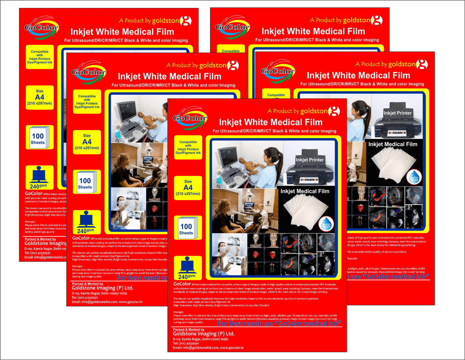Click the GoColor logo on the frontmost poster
click(x=190, y=118)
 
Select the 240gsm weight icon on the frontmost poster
click(x=188, y=268)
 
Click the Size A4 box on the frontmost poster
click(x=188, y=188)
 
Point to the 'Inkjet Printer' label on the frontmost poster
click(x=310, y=160)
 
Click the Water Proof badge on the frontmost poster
click(x=326, y=224)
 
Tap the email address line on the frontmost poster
click(x=208, y=348)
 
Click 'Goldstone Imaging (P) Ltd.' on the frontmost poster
click(x=204, y=334)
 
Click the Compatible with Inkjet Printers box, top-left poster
click(x=40, y=57)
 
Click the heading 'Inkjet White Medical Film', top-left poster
click(x=122, y=32)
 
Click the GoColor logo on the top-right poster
click(x=232, y=27)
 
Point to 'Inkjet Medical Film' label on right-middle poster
click(x=393, y=144)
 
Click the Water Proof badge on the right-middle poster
click(x=414, y=177)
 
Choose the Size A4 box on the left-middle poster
click(x=87, y=142)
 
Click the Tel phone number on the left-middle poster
click(x=85, y=298)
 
